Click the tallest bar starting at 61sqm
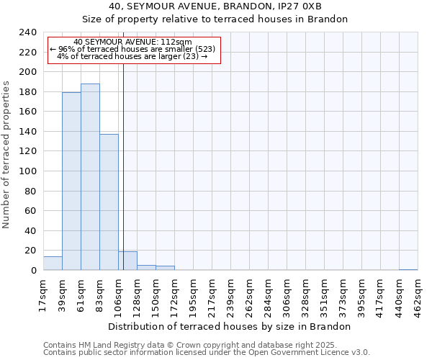pos(90,177)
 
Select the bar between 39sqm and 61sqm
pos(71,181)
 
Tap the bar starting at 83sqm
pos(109,202)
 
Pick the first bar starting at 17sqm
pos(53,264)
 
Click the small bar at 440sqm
pos(408,269)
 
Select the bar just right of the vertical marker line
pos(127,261)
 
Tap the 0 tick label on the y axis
pos(34,271)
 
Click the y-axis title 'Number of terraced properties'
pos(7,154)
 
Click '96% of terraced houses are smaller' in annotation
pos(132,49)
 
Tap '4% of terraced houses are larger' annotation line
pos(132,56)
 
